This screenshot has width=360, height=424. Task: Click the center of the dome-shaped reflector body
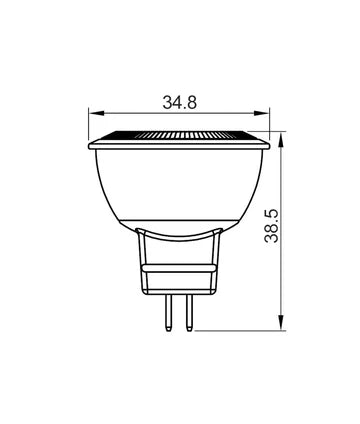coord(180,185)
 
